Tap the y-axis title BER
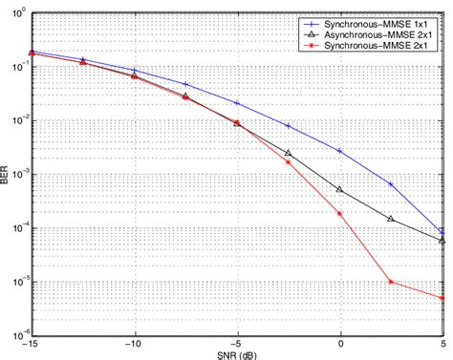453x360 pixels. pyautogui.click(x=9, y=176)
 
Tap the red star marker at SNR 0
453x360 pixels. pyautogui.click(x=340, y=213)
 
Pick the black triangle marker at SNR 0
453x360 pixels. pyautogui.click(x=340, y=190)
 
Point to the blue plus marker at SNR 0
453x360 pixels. pyautogui.click(x=340, y=151)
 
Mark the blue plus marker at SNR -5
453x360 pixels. pyautogui.click(x=237, y=103)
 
